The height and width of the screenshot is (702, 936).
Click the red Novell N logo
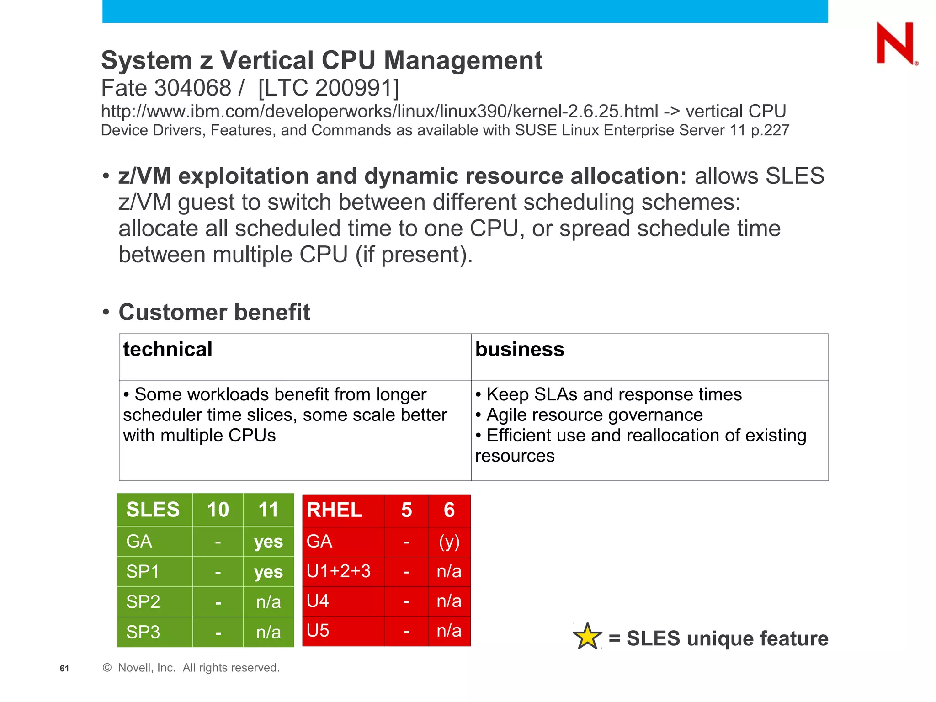[x=895, y=43]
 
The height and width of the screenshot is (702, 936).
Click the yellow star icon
[x=587, y=637]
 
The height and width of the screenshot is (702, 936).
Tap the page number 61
[x=64, y=668]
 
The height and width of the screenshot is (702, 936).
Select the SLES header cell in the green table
[x=153, y=510]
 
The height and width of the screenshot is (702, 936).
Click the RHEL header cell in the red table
[x=335, y=510]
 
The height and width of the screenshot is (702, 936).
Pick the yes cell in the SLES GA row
[x=268, y=542]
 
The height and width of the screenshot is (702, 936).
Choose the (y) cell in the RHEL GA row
[x=449, y=542]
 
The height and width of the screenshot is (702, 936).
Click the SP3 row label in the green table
[x=143, y=632]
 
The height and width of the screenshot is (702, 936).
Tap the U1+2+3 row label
[x=339, y=571]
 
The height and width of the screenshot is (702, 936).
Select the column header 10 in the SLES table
[x=218, y=510]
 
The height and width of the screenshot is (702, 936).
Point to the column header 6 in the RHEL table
[x=449, y=510]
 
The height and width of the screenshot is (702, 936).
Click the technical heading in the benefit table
[x=168, y=350]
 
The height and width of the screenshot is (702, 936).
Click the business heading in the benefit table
[x=520, y=350]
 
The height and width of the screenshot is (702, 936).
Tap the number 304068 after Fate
[x=193, y=88]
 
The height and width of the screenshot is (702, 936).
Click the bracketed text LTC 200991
[x=328, y=88]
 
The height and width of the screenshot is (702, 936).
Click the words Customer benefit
[x=214, y=313]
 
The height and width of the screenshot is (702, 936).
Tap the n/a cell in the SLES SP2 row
[x=268, y=602]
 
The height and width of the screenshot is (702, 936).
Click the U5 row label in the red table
[x=318, y=631]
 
